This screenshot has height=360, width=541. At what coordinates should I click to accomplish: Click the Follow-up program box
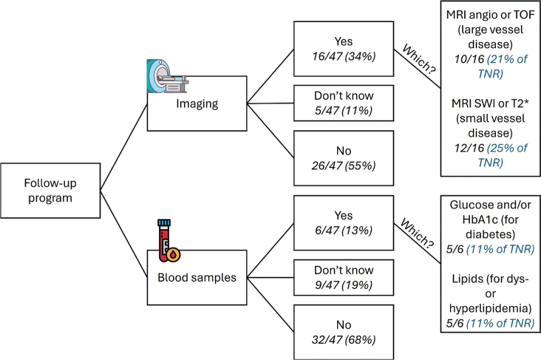(x=50, y=191)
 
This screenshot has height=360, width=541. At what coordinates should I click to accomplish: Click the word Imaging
(x=197, y=103)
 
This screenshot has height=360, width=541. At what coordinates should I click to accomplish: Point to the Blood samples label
(x=197, y=277)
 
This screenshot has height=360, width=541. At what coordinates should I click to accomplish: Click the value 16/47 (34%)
(x=344, y=56)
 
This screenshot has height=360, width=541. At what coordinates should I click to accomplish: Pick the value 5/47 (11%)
(x=344, y=110)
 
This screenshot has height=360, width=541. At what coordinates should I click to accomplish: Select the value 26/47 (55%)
(x=344, y=166)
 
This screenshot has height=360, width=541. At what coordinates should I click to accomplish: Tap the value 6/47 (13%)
(x=344, y=230)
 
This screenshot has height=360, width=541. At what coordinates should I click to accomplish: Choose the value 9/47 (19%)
(x=344, y=285)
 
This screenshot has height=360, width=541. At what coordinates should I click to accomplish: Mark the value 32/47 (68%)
(x=344, y=339)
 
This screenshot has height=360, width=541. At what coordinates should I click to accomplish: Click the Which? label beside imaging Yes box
(x=419, y=59)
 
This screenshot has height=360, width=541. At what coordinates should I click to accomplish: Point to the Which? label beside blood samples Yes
(x=417, y=234)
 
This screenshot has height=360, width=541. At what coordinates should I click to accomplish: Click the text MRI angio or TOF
(x=490, y=15)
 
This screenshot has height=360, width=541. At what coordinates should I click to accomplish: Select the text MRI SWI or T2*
(x=490, y=103)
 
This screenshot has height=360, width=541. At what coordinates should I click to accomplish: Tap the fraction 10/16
(x=469, y=59)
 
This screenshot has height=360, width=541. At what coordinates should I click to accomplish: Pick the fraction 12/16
(x=469, y=148)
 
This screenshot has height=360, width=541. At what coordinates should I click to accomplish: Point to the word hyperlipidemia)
(x=490, y=308)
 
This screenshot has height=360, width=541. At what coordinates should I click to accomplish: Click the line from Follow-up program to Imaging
(x=124, y=146)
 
